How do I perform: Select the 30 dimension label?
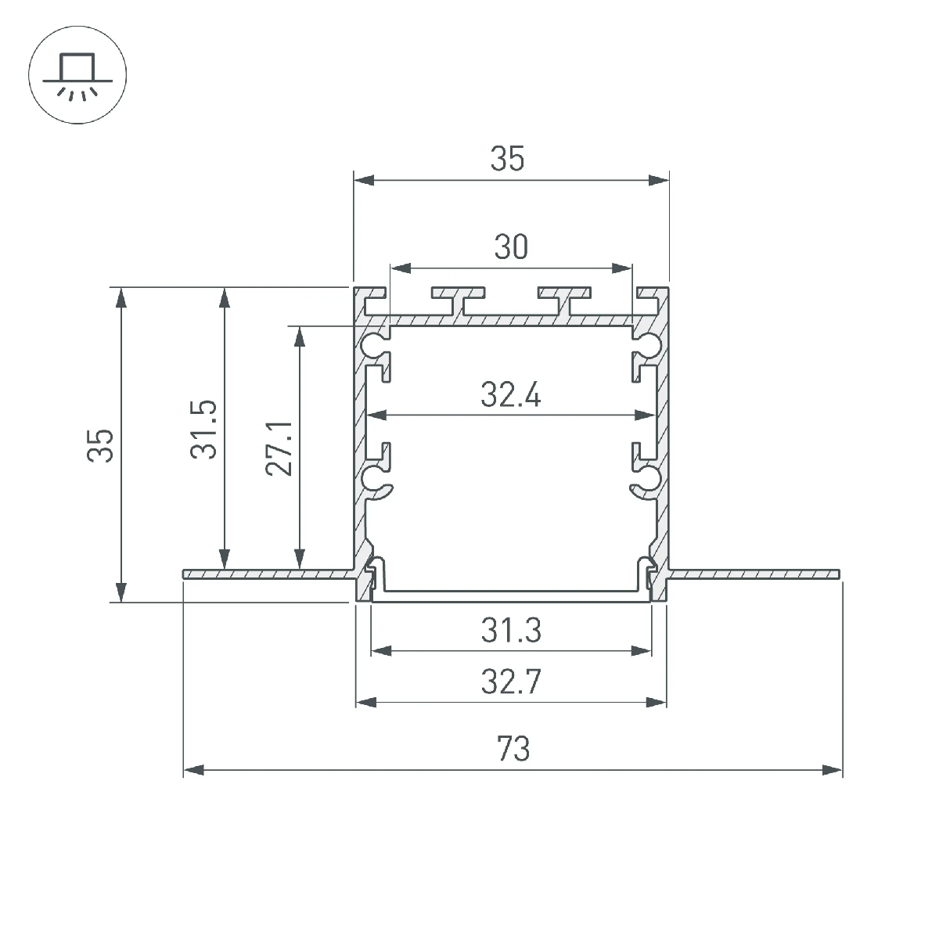coord(511,247)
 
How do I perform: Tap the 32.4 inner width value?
coord(511,394)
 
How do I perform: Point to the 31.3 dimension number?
coord(511,630)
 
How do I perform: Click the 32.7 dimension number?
coord(511,682)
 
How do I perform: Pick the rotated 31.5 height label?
coord(203,430)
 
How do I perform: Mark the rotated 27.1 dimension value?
coord(279,449)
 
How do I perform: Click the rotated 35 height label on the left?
coord(100,445)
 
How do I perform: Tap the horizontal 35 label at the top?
coord(507,159)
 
